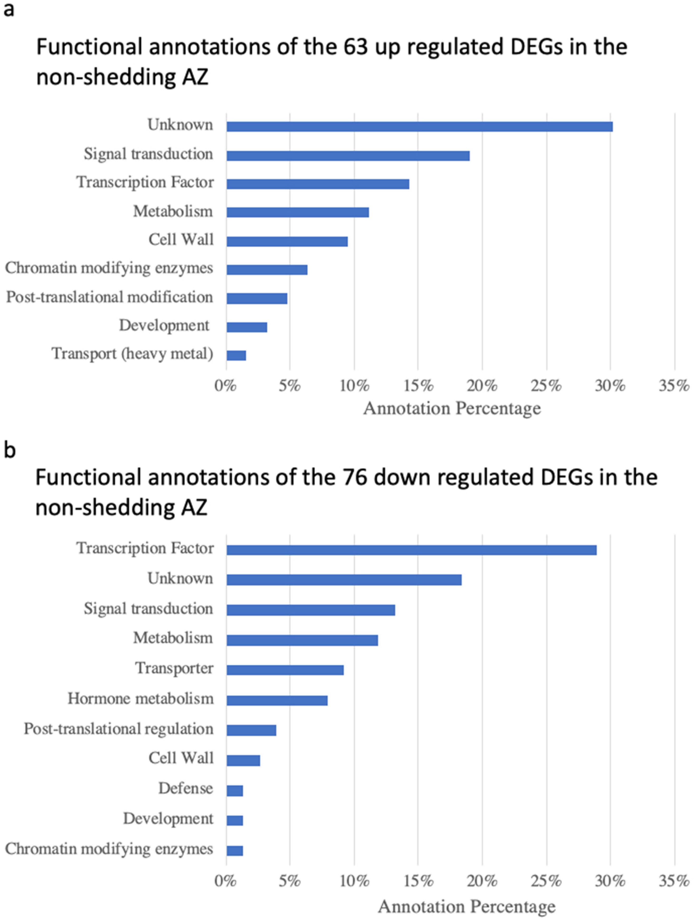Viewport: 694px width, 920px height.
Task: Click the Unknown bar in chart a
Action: [x=419, y=126]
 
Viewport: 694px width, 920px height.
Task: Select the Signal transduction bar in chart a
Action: [x=348, y=156]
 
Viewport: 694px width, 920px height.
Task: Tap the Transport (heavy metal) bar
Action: [x=236, y=355]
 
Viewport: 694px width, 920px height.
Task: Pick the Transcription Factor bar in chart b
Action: [x=411, y=550]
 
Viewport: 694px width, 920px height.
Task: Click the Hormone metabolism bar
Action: [x=277, y=700]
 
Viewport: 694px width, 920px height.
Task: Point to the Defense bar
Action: [x=234, y=791]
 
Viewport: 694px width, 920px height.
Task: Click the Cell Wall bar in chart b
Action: [x=243, y=760]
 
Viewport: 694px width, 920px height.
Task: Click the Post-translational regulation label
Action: [x=119, y=729]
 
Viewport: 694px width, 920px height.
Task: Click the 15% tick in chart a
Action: [x=418, y=386]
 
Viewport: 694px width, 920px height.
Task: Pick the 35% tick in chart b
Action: [x=674, y=881]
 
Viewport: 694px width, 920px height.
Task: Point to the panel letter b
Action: [x=10, y=450]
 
